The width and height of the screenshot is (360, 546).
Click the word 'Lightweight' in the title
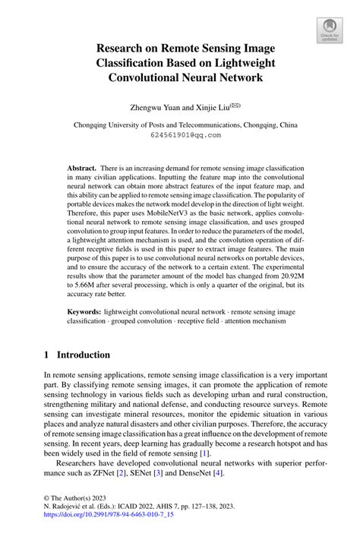(241, 63)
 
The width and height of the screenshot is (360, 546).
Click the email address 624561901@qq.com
(179, 135)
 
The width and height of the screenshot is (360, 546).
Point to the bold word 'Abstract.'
(84, 166)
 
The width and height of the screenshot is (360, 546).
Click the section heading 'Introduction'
(80, 355)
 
